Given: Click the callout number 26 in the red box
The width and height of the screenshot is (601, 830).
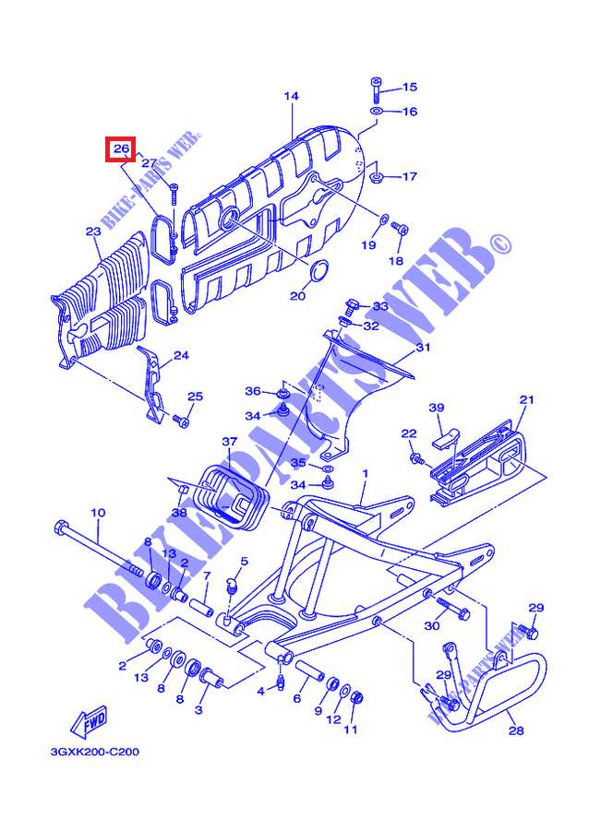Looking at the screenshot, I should tap(120, 148).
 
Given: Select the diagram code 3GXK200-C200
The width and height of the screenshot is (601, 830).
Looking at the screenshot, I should tap(95, 753).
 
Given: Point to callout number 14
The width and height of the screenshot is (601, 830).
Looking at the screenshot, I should tap(292, 96).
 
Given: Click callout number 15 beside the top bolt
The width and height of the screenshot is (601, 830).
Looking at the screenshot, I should tap(409, 88).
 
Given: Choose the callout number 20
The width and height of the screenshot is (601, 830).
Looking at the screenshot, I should tap(297, 296).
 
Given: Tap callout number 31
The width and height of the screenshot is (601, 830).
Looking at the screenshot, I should tap(423, 349).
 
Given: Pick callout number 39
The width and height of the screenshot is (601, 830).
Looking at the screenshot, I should tap(437, 407).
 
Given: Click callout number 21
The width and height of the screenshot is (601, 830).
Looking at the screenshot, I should tap(527, 399).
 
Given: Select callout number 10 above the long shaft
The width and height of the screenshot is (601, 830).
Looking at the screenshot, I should tap(97, 512).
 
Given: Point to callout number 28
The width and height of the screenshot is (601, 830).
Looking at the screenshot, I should tap(516, 730).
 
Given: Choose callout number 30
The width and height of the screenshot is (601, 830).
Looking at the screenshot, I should tap(431, 626).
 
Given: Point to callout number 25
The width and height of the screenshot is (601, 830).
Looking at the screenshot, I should tap(194, 397).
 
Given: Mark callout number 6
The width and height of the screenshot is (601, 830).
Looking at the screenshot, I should tap(297, 699).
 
